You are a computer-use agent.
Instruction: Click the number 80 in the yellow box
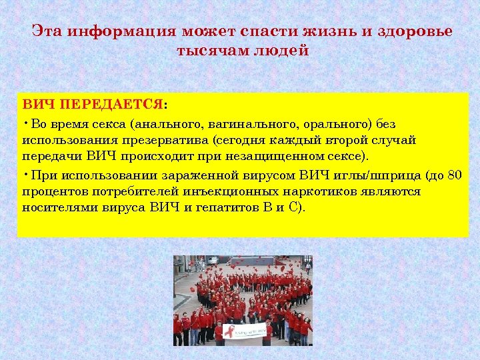(x=454, y=176)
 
